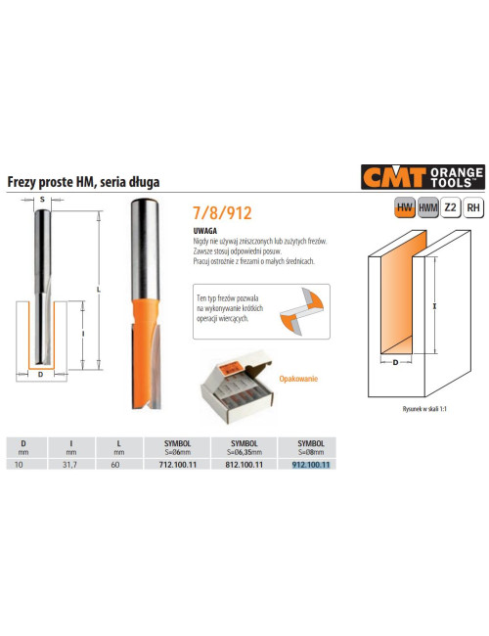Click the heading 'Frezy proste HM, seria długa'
[83, 181]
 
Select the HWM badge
[427, 206]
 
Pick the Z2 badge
[450, 206]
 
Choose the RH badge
[473, 206]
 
